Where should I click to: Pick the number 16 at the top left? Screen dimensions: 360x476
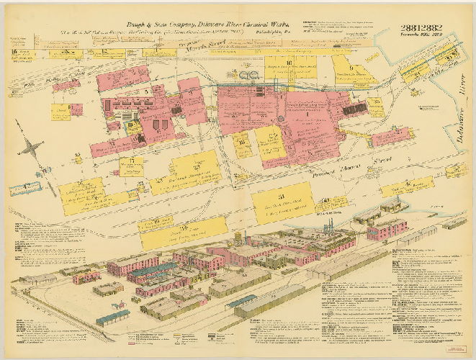coord(14,53)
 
